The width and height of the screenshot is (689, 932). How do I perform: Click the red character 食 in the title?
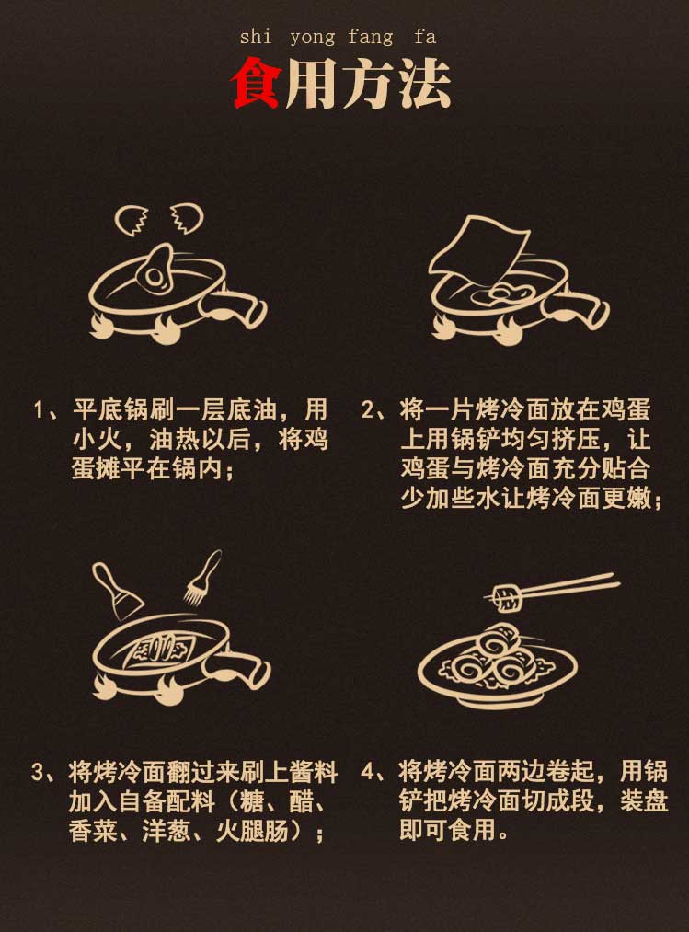[257, 83]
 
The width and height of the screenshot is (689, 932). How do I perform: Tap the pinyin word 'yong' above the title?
[313, 38]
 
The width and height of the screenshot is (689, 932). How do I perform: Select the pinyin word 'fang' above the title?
[371, 38]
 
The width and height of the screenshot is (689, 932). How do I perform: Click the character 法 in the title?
[425, 84]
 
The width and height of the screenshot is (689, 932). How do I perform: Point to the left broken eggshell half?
[132, 219]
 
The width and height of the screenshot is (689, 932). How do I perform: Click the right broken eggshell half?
[187, 218]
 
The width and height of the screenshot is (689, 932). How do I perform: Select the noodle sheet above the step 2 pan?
[478, 253]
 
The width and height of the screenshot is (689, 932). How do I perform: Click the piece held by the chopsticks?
[507, 597]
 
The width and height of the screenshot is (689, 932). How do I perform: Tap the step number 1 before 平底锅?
[39, 410]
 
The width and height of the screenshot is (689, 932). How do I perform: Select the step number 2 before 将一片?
[367, 410]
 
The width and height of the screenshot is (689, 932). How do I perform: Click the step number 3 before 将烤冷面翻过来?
[38, 772]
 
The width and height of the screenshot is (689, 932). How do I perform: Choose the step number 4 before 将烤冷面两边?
[368, 772]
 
